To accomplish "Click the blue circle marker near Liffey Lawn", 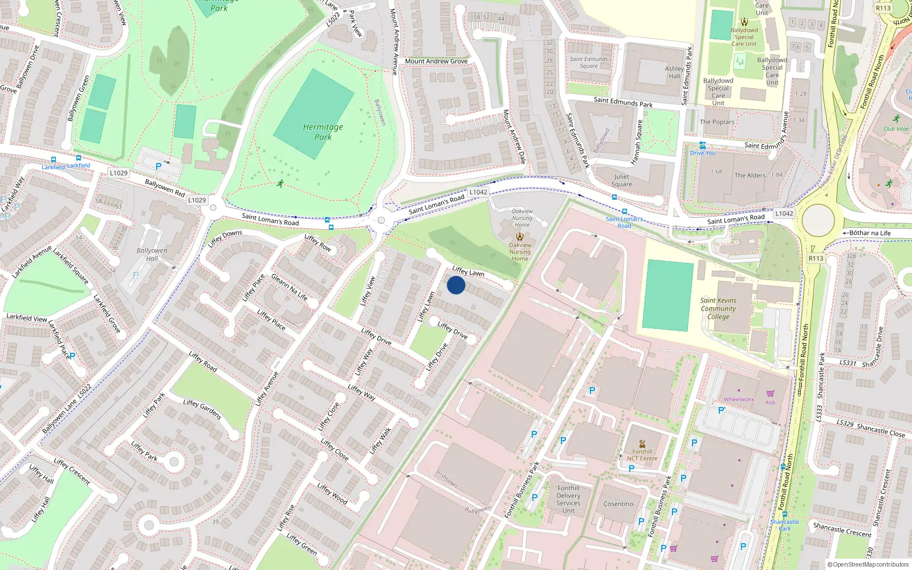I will coord(456,285).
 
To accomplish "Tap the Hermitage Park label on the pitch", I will coord(323,132).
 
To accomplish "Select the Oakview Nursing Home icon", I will coord(520,236).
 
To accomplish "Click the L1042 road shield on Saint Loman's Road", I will coord(478,192).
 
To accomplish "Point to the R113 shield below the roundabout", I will coord(816,258).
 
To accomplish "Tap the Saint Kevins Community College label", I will coord(718,308).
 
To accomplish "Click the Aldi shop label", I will coord(770,402).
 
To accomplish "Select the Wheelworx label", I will coord(739,399).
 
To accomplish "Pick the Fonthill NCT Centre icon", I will coord(642,443).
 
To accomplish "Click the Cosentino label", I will coord(618,504).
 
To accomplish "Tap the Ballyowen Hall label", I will coord(152,254).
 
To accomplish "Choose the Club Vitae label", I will coord(896,129).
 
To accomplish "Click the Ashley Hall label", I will coord(674,72).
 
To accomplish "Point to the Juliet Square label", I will coord(622,180).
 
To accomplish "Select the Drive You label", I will coord(703,153).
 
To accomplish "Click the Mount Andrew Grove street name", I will coord(436,61).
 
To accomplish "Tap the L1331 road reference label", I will coord(848,363).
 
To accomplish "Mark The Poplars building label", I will coord(717,122).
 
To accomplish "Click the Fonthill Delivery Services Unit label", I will coord(568,499).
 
